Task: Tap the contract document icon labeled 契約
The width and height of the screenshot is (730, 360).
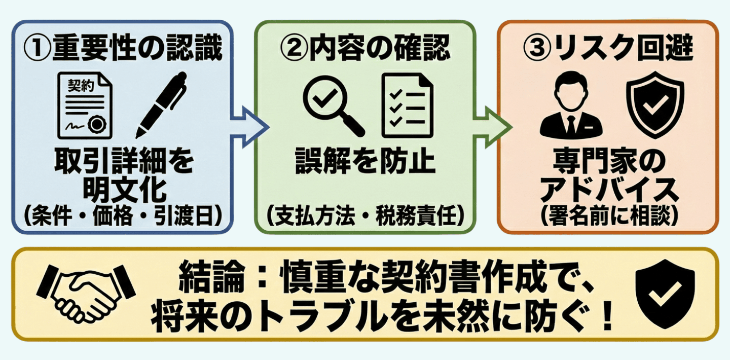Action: [x=85, y=105]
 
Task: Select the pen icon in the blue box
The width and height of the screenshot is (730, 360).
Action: [x=161, y=105]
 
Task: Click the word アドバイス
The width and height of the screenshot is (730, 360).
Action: [x=608, y=191]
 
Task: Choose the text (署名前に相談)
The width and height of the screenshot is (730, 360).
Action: [x=608, y=217]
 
